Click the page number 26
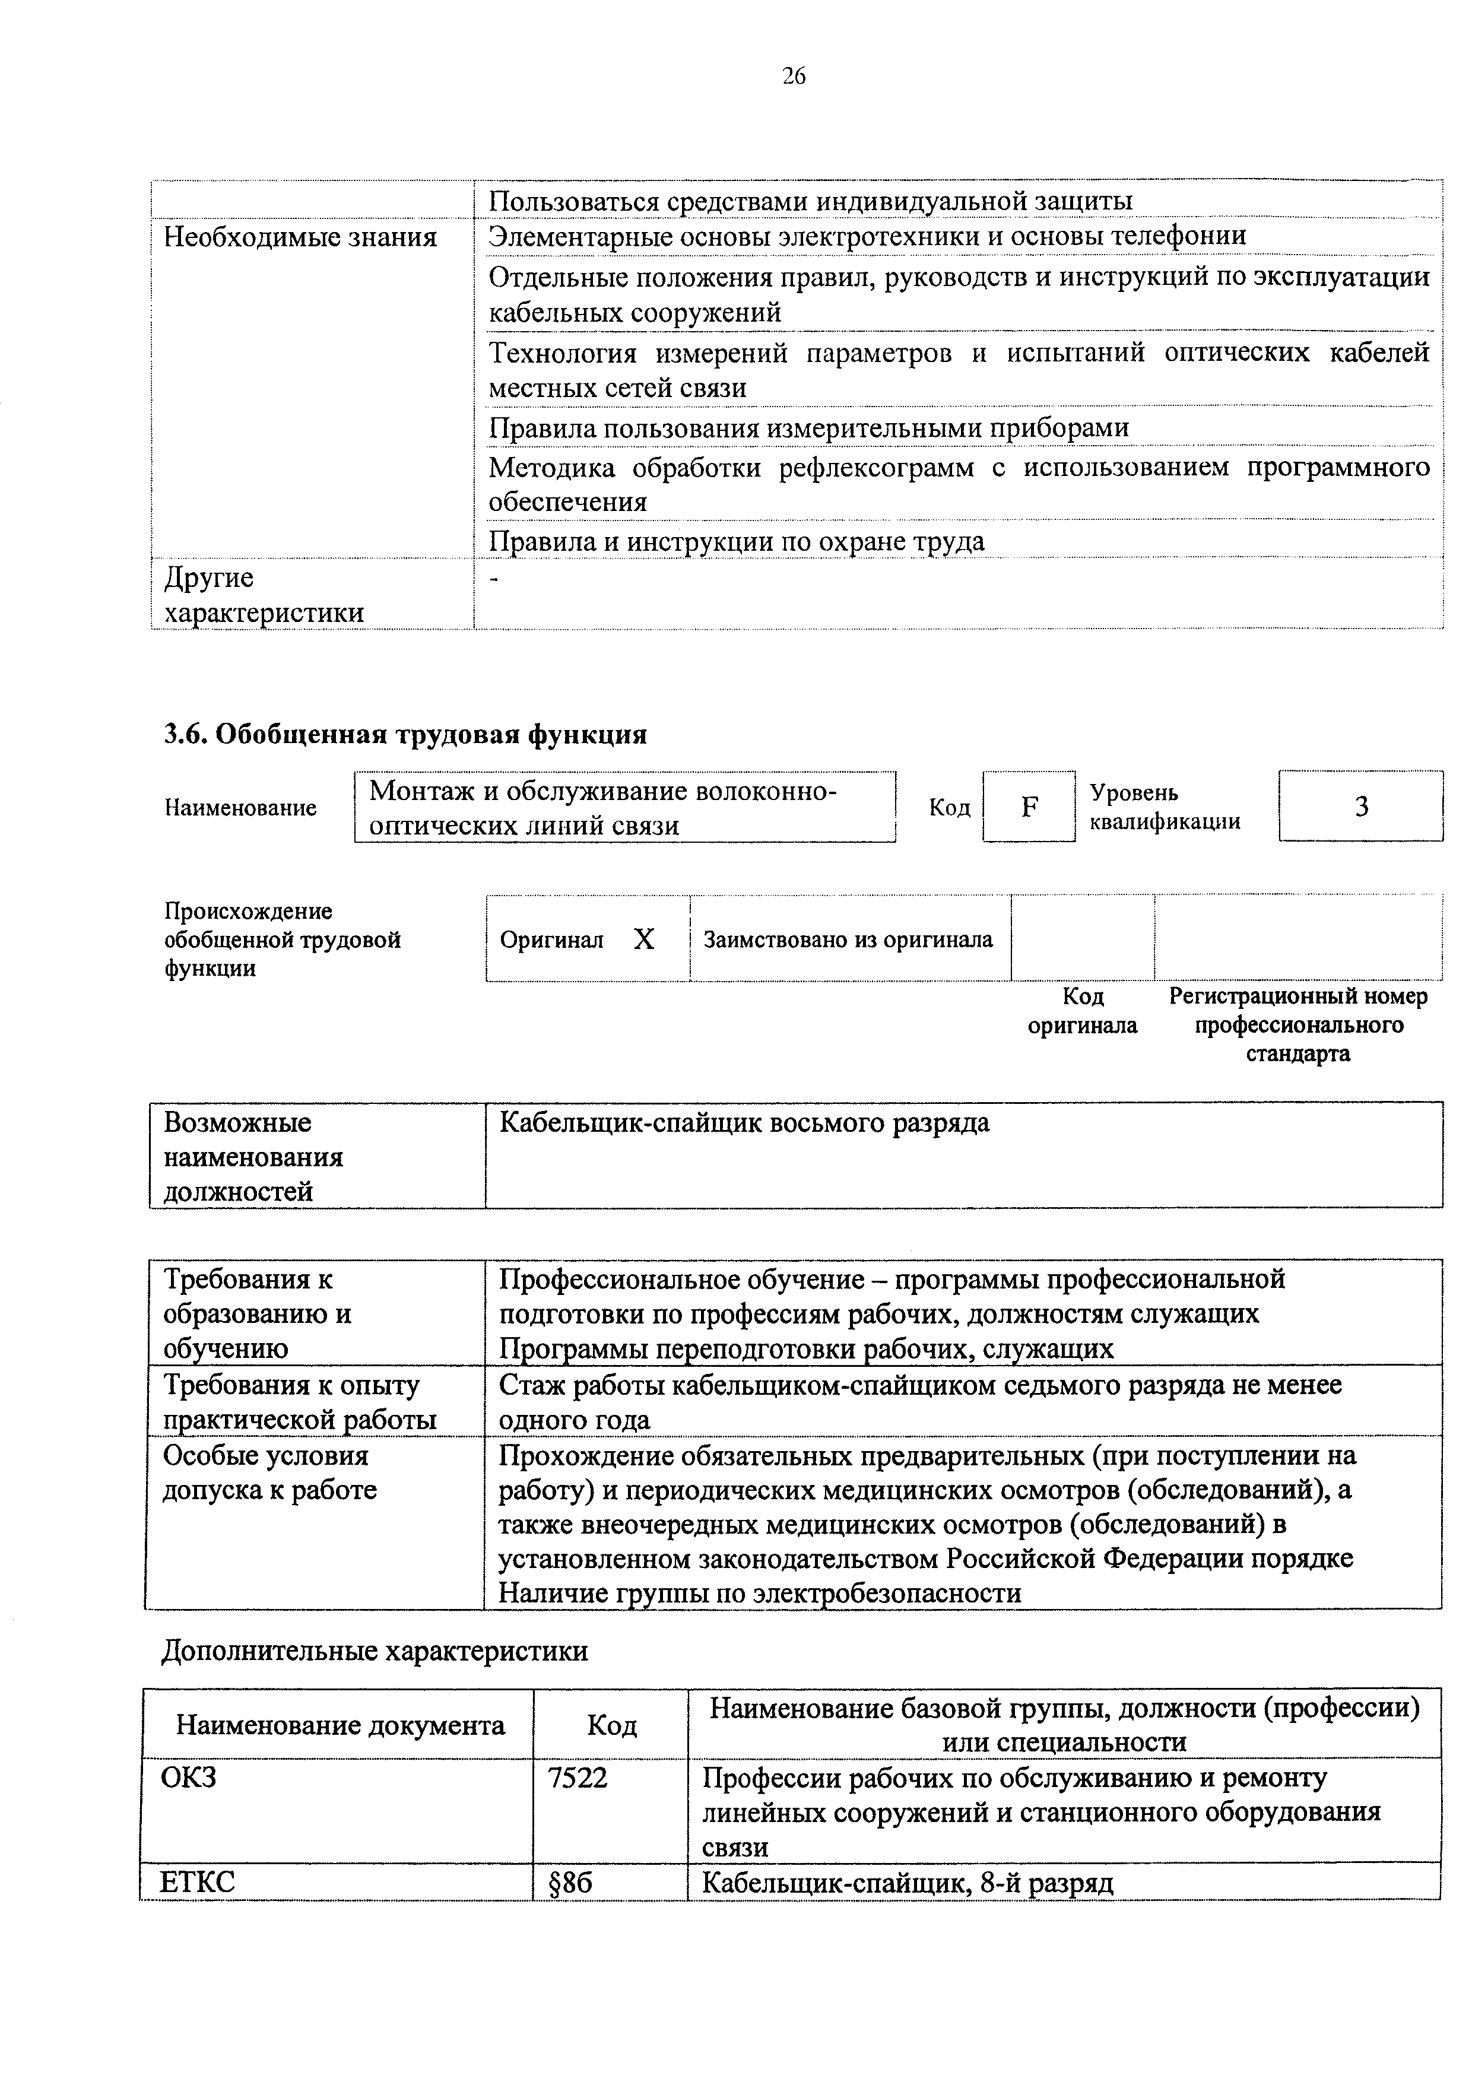click(x=793, y=76)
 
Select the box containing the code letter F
click(x=1029, y=806)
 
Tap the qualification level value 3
click(x=1360, y=806)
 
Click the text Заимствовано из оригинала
click(x=848, y=940)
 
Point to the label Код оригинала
click(x=1082, y=1011)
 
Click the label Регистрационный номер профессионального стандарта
click(x=1298, y=1024)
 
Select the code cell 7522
click(x=578, y=1778)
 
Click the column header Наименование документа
click(x=340, y=1725)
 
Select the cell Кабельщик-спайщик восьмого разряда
click(x=744, y=1123)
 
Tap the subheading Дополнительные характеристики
click(x=375, y=1651)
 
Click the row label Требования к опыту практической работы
click(x=299, y=1402)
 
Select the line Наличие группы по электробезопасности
click(x=760, y=1592)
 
